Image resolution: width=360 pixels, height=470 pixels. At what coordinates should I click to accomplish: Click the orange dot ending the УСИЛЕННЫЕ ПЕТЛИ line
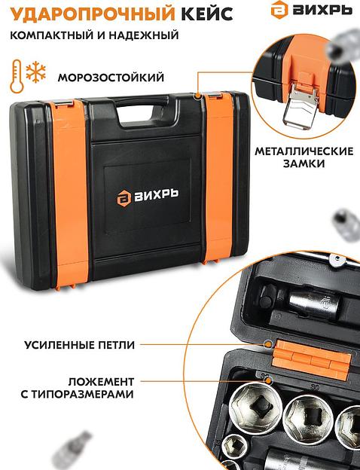tap(268, 345)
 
